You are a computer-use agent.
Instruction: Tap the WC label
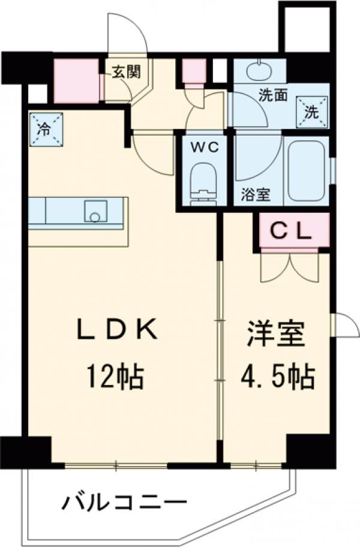tap(205, 147)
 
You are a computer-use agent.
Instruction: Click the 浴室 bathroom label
tap(256, 195)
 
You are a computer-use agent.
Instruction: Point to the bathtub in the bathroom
tap(307, 171)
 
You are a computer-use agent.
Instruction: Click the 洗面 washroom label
tap(273, 95)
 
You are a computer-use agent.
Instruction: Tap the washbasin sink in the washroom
tap(259, 71)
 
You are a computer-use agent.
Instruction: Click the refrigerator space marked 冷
tap(46, 130)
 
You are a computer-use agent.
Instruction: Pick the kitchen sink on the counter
tap(95, 211)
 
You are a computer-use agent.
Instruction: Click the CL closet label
tap(291, 232)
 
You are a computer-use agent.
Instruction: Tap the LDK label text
tap(116, 330)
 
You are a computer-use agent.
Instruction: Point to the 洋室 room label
tap(276, 333)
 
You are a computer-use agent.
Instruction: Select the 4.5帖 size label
tap(278, 377)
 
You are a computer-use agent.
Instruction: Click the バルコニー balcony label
tap(125, 503)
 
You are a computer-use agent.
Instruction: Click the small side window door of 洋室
tap(344, 324)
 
